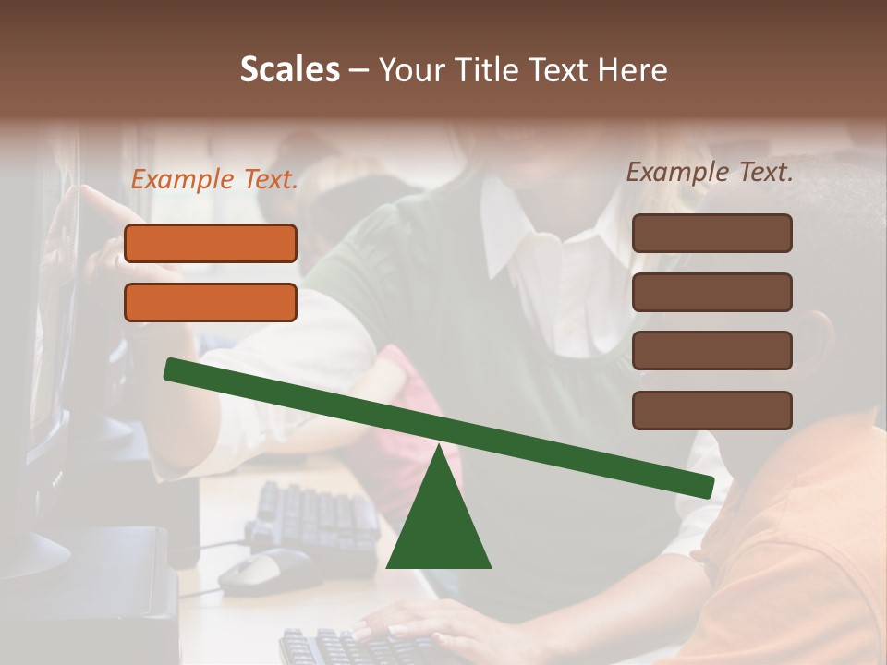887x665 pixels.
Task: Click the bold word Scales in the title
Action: point(289,70)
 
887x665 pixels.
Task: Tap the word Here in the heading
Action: point(633,70)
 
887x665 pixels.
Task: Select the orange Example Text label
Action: point(214,180)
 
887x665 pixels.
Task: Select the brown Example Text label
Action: point(710,173)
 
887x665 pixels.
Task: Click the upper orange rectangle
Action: point(211,243)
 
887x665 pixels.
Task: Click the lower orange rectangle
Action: point(211,302)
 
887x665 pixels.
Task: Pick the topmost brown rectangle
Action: point(711,233)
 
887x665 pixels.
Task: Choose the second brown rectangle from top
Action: point(711,292)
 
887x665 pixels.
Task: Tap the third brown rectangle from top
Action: point(711,351)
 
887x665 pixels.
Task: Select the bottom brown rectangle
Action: point(711,410)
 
